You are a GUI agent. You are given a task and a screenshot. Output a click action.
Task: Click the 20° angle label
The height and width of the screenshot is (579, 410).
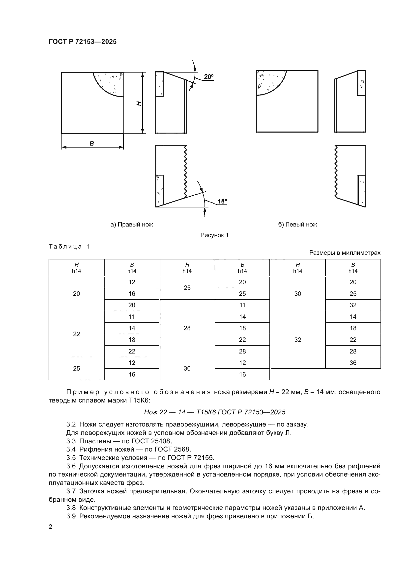tap(208, 77)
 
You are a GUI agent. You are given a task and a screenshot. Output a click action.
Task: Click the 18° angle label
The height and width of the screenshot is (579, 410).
tap(222, 201)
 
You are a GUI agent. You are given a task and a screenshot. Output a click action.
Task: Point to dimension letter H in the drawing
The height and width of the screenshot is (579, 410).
tap(139, 103)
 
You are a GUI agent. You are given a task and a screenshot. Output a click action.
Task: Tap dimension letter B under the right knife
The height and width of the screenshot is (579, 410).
tap(92, 144)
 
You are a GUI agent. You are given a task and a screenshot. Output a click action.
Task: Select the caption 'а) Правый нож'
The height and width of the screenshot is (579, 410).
tap(132, 225)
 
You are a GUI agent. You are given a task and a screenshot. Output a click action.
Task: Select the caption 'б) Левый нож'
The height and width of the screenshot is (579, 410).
tap(297, 225)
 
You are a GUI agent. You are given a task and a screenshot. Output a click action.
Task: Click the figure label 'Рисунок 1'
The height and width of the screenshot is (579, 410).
tap(214, 235)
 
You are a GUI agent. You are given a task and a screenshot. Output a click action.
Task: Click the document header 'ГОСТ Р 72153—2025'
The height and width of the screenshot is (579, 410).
tap(83, 42)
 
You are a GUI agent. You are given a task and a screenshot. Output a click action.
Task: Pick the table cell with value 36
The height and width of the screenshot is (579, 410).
tap(353, 363)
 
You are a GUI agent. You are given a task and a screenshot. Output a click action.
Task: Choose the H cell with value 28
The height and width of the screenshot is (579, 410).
tap(187, 328)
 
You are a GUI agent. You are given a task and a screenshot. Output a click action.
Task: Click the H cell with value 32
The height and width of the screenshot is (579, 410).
tap(298, 340)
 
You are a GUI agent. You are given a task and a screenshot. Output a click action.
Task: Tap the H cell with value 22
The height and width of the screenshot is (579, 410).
tap(77, 334)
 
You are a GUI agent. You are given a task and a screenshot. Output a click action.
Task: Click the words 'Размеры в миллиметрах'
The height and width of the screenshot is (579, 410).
tap(345, 253)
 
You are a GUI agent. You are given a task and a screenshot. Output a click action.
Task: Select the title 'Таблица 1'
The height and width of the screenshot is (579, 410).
tap(69, 247)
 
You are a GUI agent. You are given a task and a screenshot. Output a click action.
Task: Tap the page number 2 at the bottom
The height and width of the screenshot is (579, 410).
tap(51, 527)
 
